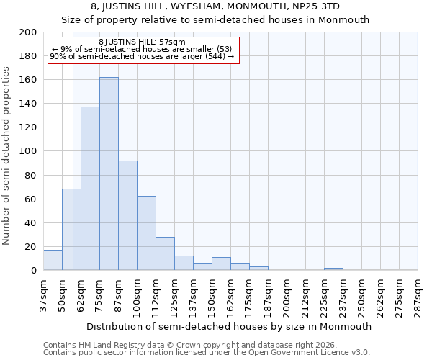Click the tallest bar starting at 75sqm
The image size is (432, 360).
109,174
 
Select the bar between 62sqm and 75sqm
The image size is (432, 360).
90,189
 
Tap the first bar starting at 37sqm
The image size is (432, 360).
53,260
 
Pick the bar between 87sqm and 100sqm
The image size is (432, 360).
127,215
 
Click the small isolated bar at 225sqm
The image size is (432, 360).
333,269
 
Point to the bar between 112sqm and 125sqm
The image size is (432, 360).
165,253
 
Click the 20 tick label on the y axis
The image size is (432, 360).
31,246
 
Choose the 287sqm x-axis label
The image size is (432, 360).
418,295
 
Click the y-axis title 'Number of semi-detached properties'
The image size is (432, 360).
7,155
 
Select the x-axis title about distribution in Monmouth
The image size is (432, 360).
227,326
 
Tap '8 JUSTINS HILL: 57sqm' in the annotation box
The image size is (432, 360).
142,42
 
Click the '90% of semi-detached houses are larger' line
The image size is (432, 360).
142,56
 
